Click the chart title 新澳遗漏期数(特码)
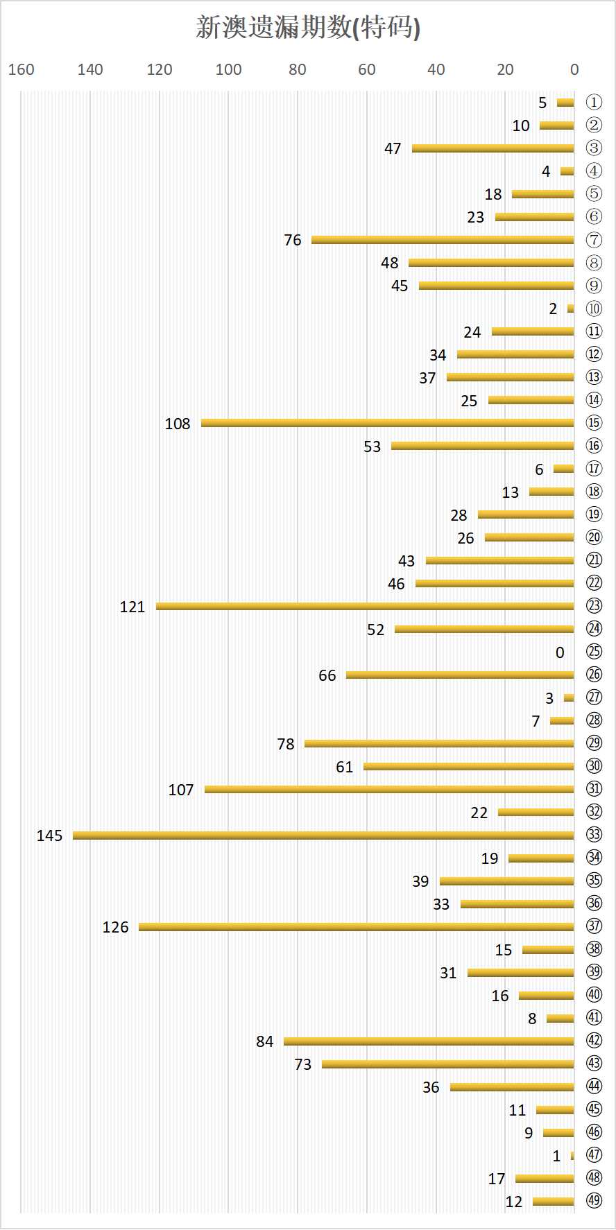point(308,28)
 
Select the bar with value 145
point(323,835)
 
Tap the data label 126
point(115,927)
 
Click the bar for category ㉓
point(365,607)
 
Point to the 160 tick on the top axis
point(21,69)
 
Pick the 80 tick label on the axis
point(298,69)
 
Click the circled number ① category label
point(594,103)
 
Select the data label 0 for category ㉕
point(560,652)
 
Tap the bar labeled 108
point(387,423)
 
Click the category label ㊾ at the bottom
point(594,1201)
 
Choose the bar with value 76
point(443,240)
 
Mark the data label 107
point(180,790)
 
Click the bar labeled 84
point(429,1041)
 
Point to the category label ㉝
point(594,835)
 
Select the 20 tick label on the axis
point(505,69)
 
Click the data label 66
point(327,675)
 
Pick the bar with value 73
point(448,1064)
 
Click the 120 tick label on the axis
point(160,69)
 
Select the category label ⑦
point(594,240)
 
